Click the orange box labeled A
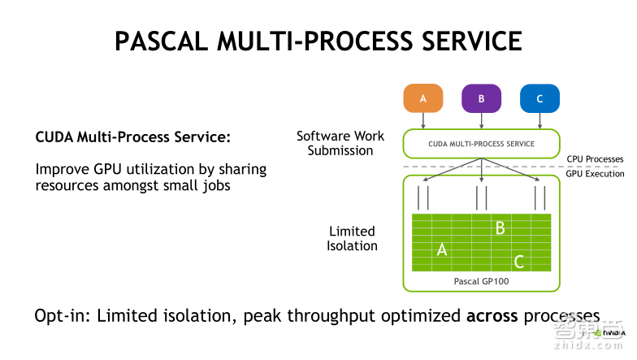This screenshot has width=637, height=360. pos(422,99)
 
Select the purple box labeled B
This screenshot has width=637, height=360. pos(481,99)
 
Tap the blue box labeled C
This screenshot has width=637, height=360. pos(539,99)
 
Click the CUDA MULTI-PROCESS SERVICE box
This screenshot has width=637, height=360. pos(482,144)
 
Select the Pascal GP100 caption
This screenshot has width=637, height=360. pos(482,281)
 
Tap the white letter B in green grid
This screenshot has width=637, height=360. pos(500,228)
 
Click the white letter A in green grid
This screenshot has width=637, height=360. pos(442,249)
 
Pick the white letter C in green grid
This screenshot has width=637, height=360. pos(518,262)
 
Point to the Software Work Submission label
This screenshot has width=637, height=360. pos(340,143)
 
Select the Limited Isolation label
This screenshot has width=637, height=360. pos(352,238)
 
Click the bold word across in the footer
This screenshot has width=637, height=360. pos(492,315)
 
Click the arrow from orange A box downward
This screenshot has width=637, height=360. pos(422,120)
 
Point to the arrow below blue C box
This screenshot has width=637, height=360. pos(539,120)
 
